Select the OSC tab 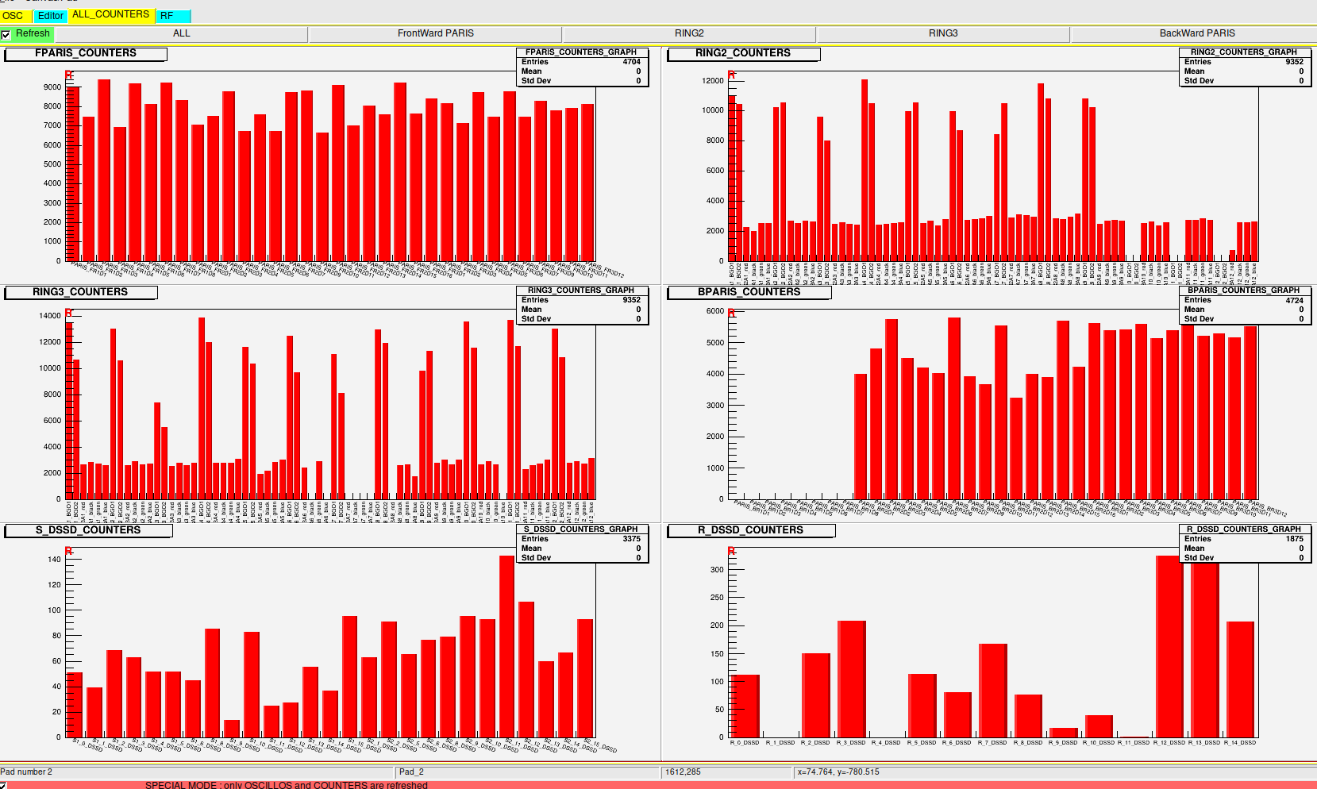click(x=13, y=16)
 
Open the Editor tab click(x=51, y=16)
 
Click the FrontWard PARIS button click(x=435, y=34)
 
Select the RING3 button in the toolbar click(x=943, y=34)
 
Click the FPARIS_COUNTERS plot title click(x=86, y=53)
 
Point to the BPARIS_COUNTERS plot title click(x=749, y=292)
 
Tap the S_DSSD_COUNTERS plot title click(x=88, y=530)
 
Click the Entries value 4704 click(x=631, y=62)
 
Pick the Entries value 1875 click(x=1294, y=539)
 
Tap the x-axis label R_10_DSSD click(x=1099, y=743)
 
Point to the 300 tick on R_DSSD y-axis click(x=717, y=570)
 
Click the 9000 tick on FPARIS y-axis click(x=52, y=87)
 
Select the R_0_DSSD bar click(x=745, y=706)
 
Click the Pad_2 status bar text click(x=411, y=772)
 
